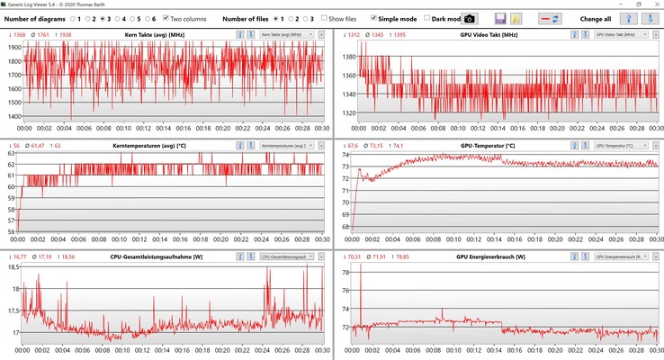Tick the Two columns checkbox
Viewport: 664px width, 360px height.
pos(166,18)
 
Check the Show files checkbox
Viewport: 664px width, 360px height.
pos(325,18)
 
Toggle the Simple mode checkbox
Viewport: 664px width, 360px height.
pos(374,18)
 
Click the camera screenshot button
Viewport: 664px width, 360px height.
pos(470,19)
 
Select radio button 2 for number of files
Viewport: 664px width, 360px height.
pos(293,18)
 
